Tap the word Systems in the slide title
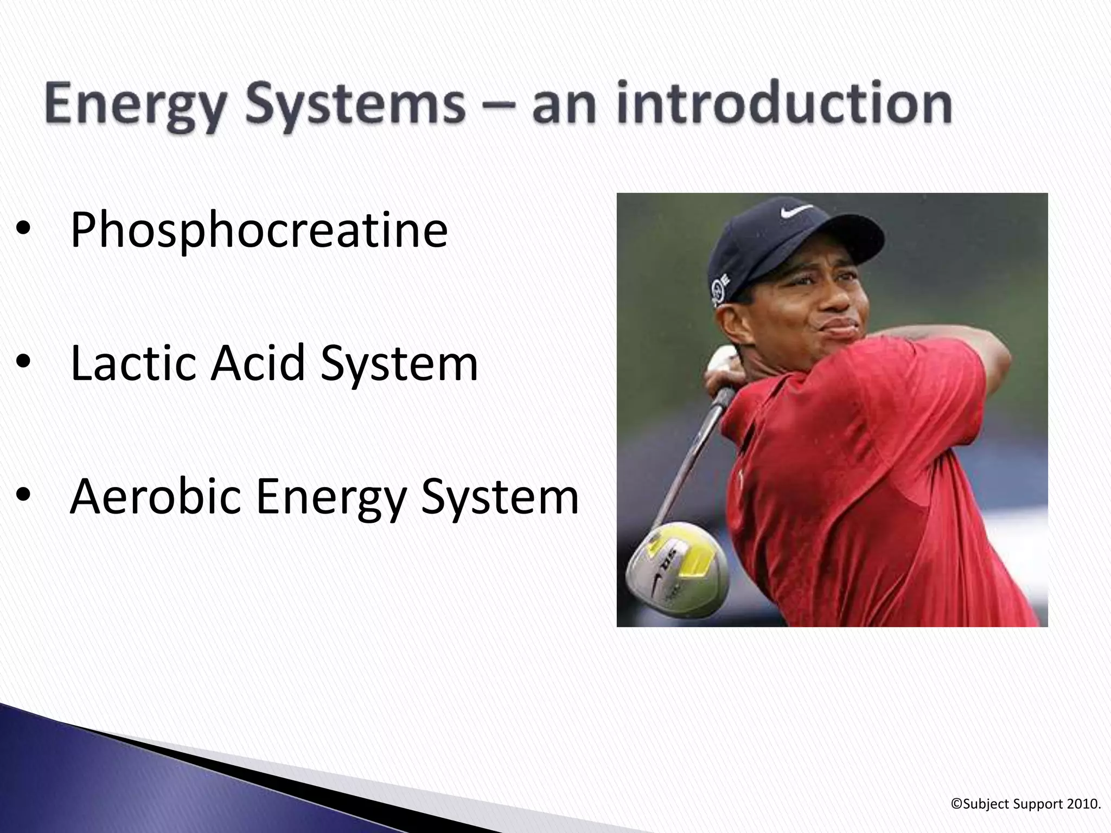355,106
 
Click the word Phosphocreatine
259,230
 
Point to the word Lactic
133,363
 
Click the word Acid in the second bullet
258,363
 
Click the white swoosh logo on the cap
796,210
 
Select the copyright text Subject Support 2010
1026,804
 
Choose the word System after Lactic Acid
399,363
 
